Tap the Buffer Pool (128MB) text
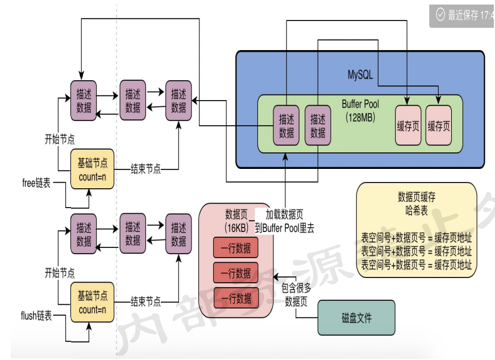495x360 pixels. (360, 110)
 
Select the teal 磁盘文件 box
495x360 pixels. (356, 318)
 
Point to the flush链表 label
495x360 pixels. (36, 316)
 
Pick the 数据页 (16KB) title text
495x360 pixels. (235, 221)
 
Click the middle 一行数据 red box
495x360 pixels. (235, 273)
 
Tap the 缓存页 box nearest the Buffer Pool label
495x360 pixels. (408, 126)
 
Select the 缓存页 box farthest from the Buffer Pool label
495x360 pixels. (438, 126)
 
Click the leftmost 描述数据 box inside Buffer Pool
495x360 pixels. (286, 126)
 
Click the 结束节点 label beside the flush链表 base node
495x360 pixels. (145, 301)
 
